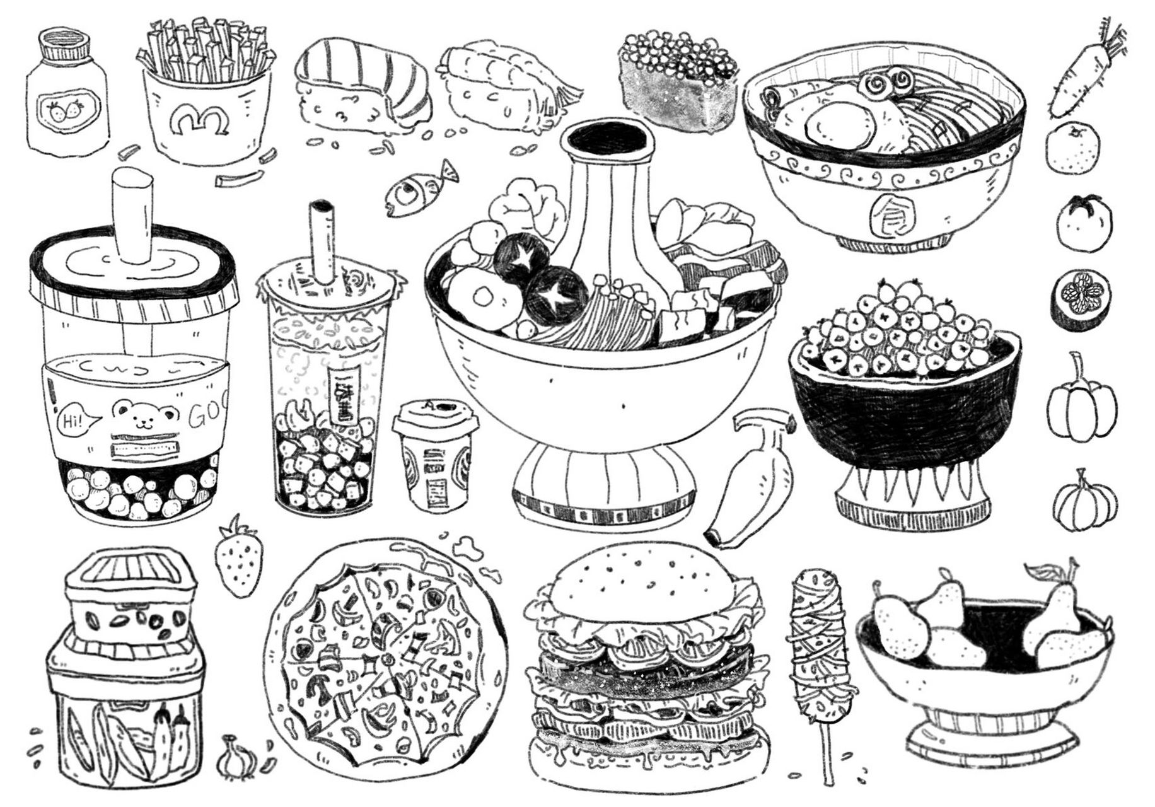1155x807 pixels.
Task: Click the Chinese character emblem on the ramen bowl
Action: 884,215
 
